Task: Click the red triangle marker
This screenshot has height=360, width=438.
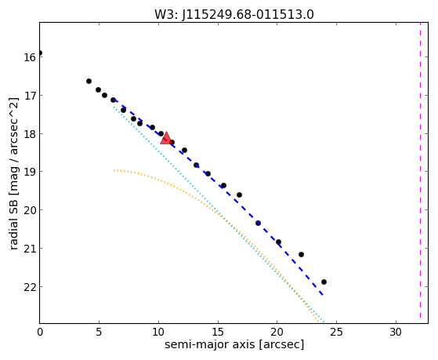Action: click(166, 138)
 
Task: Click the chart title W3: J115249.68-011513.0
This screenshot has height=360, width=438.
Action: click(234, 14)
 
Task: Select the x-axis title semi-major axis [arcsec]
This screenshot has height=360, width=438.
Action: click(234, 344)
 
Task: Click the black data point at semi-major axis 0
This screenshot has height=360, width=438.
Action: click(40, 53)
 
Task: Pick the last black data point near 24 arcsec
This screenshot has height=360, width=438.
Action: click(324, 282)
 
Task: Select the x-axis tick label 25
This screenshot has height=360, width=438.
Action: click(336, 332)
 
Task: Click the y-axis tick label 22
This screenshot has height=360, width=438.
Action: click(30, 287)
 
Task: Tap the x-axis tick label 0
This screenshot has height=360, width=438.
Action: click(40, 332)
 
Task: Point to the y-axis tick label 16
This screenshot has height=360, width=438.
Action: click(30, 57)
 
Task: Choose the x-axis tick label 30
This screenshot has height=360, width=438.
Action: click(396, 332)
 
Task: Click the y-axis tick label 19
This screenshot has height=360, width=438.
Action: click(30, 172)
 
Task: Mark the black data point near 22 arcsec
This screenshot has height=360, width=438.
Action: click(301, 254)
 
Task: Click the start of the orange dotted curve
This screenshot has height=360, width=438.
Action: click(114, 170)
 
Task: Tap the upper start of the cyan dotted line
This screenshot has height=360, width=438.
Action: click(114, 107)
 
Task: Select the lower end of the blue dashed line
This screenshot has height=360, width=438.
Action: click(323, 295)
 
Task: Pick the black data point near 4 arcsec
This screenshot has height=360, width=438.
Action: click(89, 81)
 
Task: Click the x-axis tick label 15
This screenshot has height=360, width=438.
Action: click(218, 332)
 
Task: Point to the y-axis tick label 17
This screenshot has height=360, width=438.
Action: click(30, 96)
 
